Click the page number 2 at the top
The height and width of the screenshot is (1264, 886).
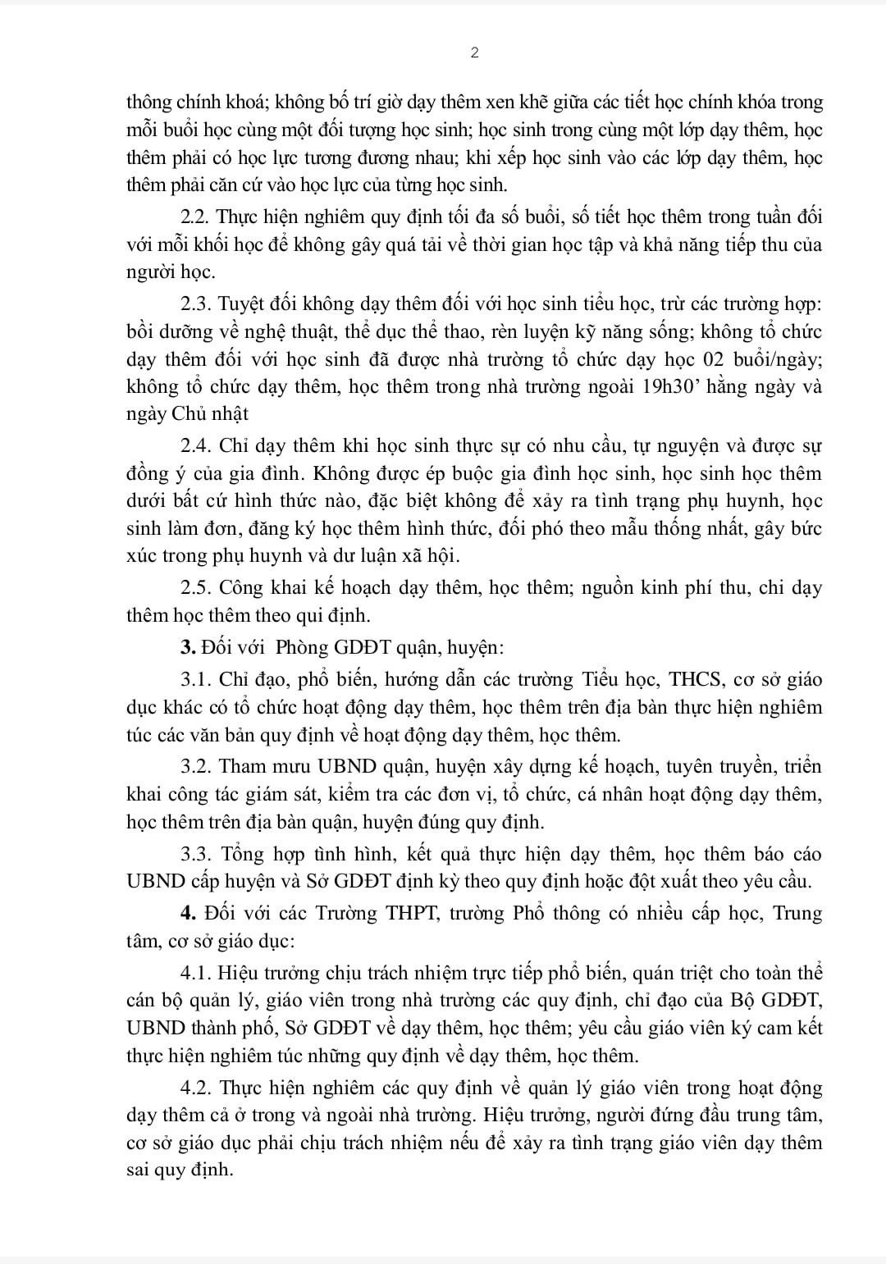pyautogui.click(x=475, y=53)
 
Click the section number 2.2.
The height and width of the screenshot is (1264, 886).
pyautogui.click(x=194, y=217)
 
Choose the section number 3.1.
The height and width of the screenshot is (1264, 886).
pyautogui.click(x=195, y=680)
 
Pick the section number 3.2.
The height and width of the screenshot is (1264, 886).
pyautogui.click(x=195, y=767)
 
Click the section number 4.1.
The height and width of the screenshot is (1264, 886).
pyautogui.click(x=195, y=974)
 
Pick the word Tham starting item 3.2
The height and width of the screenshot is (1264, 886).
pyautogui.click(x=245, y=767)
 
